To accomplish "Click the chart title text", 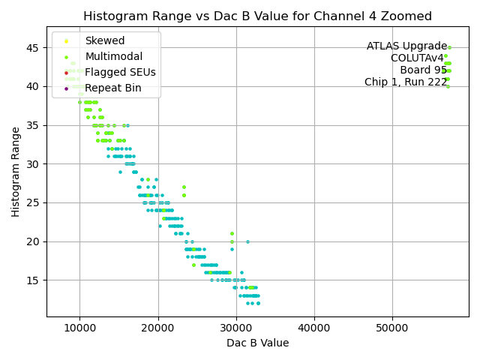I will click(257, 16).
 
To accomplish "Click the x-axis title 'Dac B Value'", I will click(257, 343).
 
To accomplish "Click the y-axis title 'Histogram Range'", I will click(16, 172).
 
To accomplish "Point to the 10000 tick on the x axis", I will click(79, 328).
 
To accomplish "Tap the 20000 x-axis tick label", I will click(157, 328).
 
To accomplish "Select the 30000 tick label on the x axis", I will click(236, 328).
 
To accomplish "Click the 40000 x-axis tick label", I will click(314, 328).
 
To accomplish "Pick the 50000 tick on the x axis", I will click(392, 328).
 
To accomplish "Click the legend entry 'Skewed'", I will click(105, 41).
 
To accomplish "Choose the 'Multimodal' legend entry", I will click(114, 57).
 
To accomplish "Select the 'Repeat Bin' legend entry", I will click(113, 88).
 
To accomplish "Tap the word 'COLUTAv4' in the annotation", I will click(417, 58).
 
